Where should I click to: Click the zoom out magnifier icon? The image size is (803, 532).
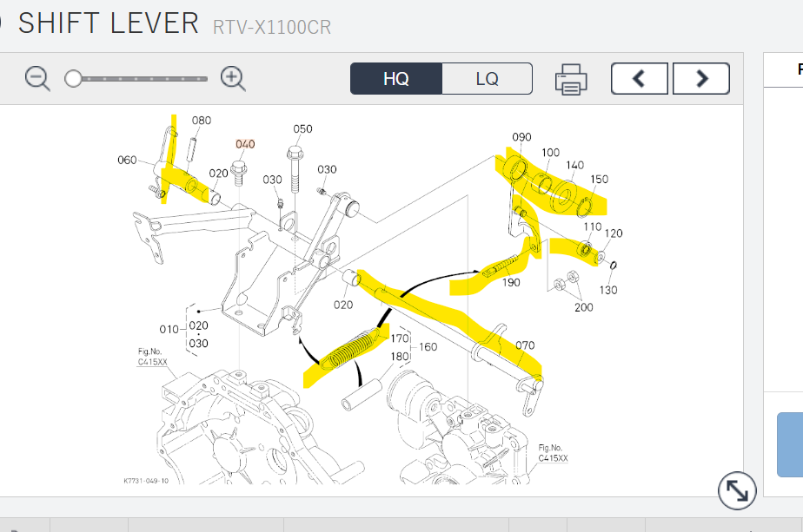[37, 79]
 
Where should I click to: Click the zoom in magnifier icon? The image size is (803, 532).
[233, 79]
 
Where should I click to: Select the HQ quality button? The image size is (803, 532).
[396, 78]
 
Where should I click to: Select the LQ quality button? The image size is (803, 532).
[487, 78]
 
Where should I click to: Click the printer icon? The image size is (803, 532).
[571, 79]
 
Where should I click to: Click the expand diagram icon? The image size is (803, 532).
[737, 491]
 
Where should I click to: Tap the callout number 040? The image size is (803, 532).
[245, 144]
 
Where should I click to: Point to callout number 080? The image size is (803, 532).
[202, 121]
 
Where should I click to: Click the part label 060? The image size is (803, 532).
[127, 160]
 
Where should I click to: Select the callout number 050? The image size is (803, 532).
[302, 129]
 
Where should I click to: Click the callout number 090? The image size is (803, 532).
[521, 137]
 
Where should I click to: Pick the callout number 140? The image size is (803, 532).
[574, 165]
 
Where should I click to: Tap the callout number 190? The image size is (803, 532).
[511, 283]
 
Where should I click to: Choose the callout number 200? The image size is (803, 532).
[584, 306]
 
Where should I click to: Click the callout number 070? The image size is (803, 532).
[525, 345]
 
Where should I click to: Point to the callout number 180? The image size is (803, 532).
[400, 356]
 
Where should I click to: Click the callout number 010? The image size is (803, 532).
[169, 329]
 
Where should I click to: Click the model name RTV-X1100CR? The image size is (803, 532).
[271, 27]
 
